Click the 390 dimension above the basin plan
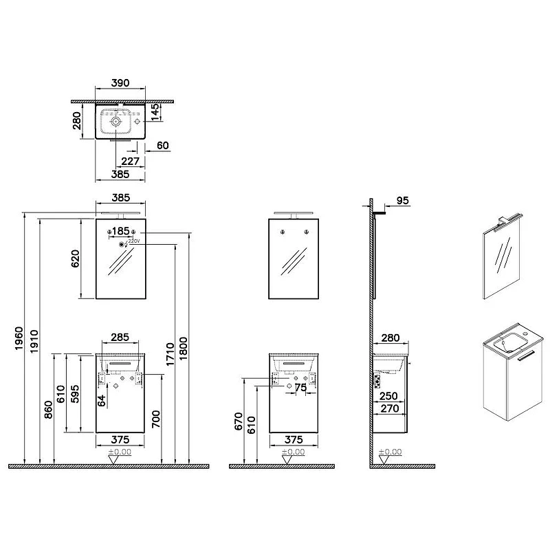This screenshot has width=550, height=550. (x=120, y=82)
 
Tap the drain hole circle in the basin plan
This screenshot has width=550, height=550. (x=115, y=122)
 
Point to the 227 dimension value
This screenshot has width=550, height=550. (x=130, y=161)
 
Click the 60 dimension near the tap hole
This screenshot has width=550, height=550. (x=163, y=145)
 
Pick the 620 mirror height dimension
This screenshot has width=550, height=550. (x=76, y=258)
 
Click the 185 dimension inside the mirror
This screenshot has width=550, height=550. (x=121, y=231)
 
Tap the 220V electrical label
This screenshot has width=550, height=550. (x=134, y=241)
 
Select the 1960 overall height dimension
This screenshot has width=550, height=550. (x=19, y=338)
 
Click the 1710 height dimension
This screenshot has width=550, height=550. (x=170, y=354)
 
